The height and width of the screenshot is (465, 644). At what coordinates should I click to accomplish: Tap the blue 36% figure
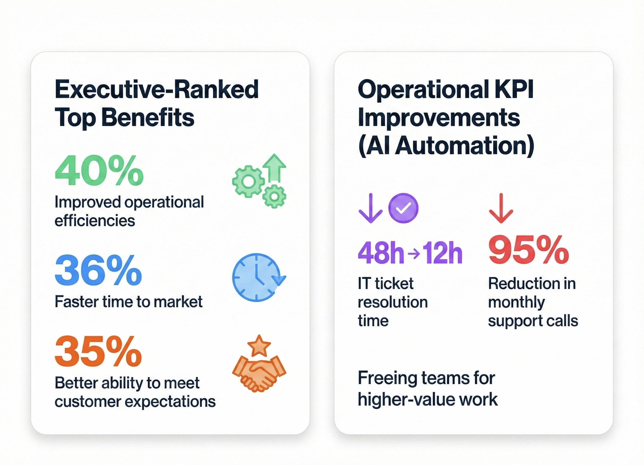pyautogui.click(x=98, y=270)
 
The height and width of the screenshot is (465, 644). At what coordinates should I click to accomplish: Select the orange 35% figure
pyautogui.click(x=98, y=351)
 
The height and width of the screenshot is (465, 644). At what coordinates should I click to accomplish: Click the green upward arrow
pyautogui.click(x=274, y=168)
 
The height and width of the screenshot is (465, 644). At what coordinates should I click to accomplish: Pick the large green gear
pyautogui.click(x=248, y=182)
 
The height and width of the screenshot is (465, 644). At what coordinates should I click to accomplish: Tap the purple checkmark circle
pyautogui.click(x=403, y=208)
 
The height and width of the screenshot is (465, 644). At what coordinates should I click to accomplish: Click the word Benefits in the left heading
pyautogui.click(x=148, y=118)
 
